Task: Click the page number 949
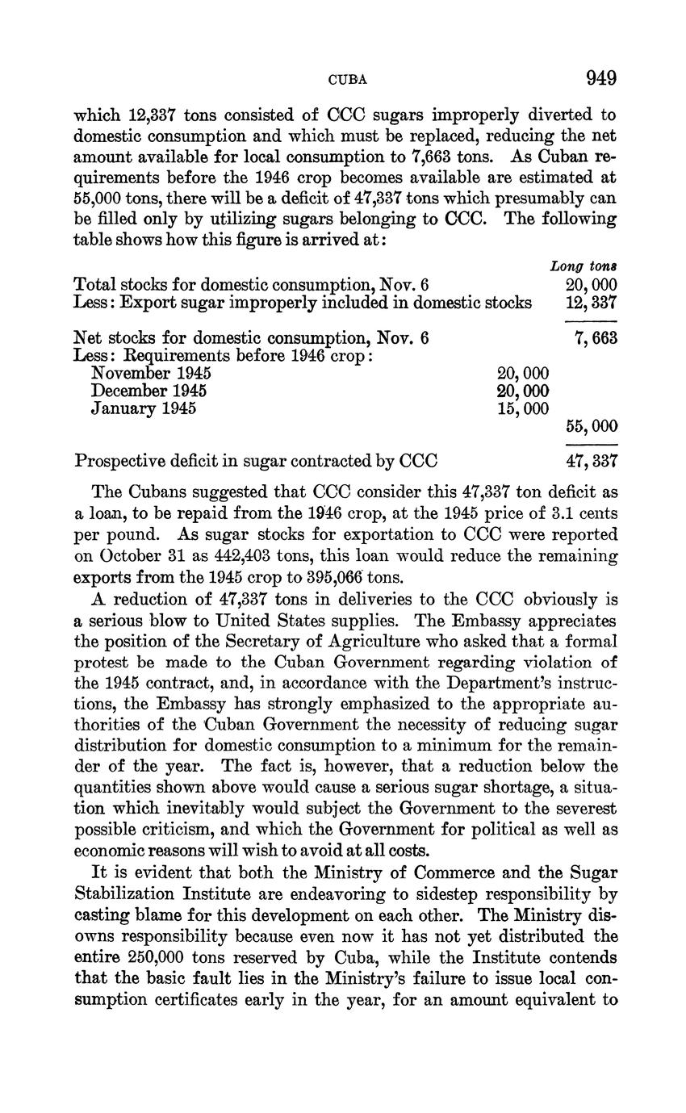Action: pyautogui.click(x=601, y=78)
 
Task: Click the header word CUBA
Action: pyautogui.click(x=348, y=80)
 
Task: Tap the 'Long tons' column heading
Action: pyautogui.click(x=584, y=266)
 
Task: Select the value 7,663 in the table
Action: pyautogui.click(x=596, y=338)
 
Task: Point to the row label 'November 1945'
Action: pyautogui.click(x=151, y=373)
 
